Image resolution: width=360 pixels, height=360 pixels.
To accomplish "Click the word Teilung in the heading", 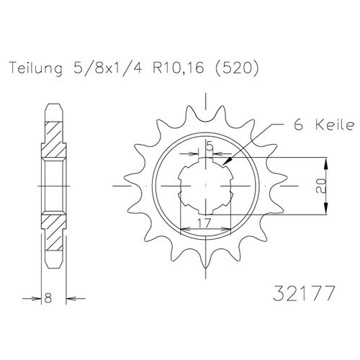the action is tap(36, 68).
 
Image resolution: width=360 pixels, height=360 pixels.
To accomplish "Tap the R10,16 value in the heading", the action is tap(179, 68).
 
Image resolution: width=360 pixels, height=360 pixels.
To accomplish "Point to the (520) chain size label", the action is tap(237, 68).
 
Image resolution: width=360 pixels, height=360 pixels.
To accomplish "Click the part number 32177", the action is tap(304, 293).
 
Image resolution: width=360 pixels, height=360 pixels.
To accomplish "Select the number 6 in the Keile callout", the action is tap(299, 125).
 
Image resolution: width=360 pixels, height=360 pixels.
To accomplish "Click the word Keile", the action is tap(335, 125).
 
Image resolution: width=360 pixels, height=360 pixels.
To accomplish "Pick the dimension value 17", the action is tap(204, 223).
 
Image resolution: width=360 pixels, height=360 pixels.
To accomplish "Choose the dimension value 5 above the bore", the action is tap(210, 145).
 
